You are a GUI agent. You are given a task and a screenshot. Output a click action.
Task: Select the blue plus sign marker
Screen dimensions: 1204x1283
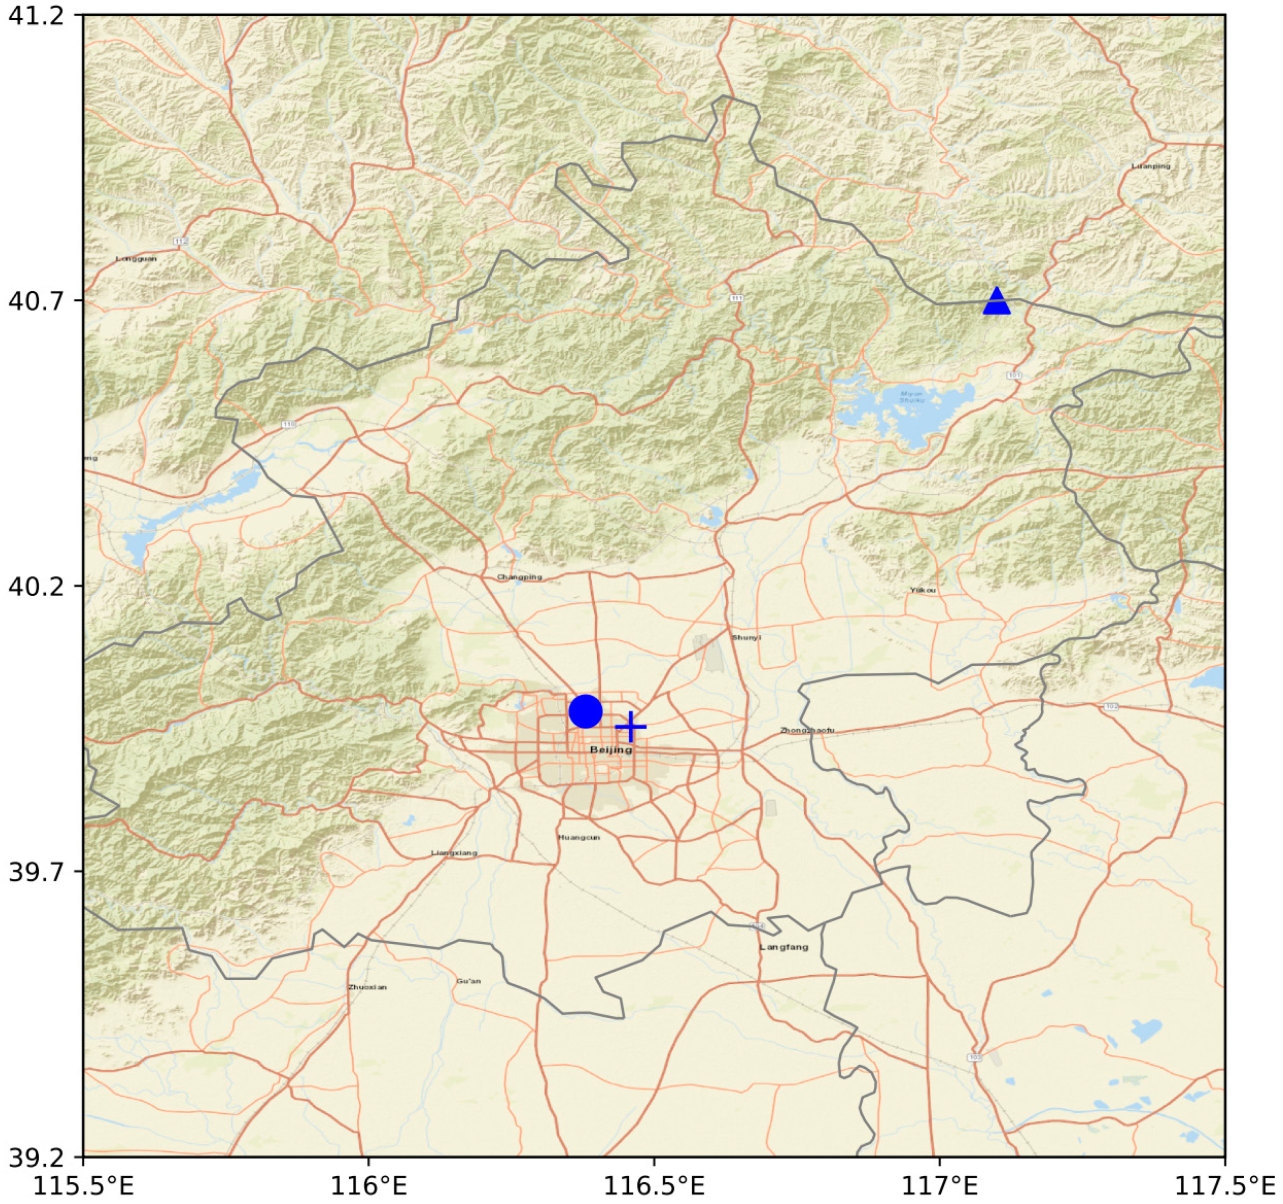630,727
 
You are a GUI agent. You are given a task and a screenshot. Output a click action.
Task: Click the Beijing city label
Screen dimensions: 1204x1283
611,749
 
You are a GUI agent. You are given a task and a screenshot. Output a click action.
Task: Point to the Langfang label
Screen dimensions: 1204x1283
784,947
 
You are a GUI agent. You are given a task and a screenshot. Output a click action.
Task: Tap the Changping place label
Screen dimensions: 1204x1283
520,577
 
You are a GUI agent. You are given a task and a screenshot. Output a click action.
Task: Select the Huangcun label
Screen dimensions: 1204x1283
579,837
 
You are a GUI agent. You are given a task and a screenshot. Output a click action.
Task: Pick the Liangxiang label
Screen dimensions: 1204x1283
455,853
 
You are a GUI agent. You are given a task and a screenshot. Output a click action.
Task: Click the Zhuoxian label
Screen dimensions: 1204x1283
367,987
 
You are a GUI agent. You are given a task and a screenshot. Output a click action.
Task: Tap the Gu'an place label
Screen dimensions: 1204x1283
469,981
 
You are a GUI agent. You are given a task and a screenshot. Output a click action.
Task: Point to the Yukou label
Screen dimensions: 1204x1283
923,590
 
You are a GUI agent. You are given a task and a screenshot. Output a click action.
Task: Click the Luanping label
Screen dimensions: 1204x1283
1150,166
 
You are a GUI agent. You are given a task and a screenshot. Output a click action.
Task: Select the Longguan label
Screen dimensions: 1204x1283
136,259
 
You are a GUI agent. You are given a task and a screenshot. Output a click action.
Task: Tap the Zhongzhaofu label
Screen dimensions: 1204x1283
807,730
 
